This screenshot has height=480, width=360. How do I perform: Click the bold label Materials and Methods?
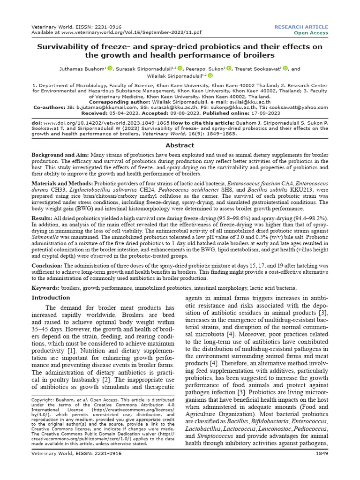(x=62, y=184)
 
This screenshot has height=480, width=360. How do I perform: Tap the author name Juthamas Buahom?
(x=82, y=68)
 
